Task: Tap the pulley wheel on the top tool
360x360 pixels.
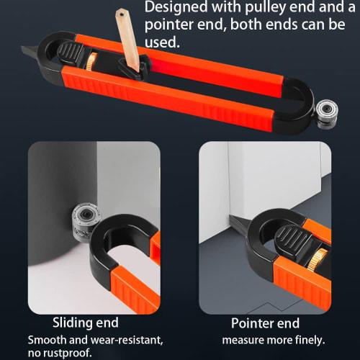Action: (x=325, y=112)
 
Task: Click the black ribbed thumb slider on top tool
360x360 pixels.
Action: (x=71, y=53)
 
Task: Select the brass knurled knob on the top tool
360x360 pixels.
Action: (x=89, y=63)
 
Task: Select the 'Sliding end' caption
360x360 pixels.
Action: (x=85, y=323)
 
